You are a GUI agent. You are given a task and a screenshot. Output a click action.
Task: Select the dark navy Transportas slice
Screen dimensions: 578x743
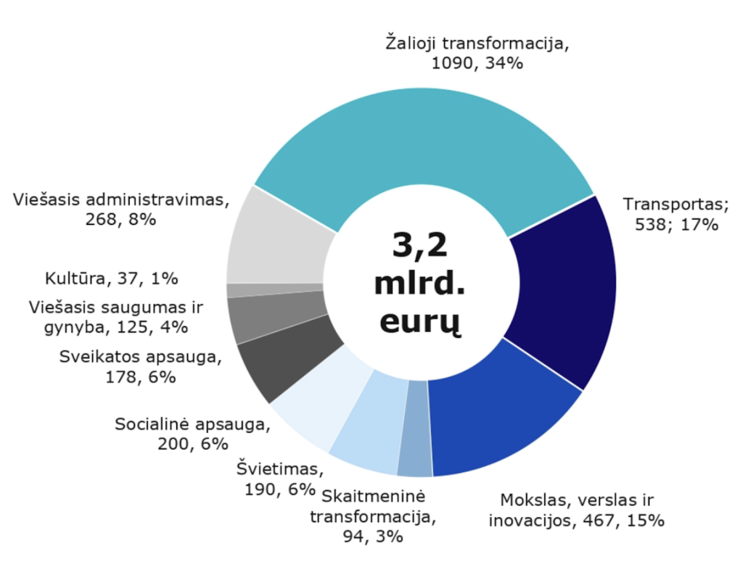pos(562,290)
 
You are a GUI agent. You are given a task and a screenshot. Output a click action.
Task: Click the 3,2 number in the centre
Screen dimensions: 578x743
pos(419,247)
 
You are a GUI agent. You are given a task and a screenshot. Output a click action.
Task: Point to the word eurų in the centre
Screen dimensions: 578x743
pos(419,321)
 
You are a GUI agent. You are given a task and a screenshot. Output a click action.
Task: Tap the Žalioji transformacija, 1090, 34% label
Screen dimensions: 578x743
pos(477,53)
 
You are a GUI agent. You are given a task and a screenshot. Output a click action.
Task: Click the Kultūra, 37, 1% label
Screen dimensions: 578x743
pos(112,278)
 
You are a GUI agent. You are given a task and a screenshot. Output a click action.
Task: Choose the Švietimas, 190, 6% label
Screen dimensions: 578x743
pos(276,479)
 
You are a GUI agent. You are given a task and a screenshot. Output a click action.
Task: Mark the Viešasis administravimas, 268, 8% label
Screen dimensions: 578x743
pos(120,210)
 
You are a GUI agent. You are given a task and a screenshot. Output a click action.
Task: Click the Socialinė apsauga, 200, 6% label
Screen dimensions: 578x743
pos(192,433)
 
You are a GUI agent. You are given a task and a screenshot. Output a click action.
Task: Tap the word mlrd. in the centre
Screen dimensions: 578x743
pos(419,284)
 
